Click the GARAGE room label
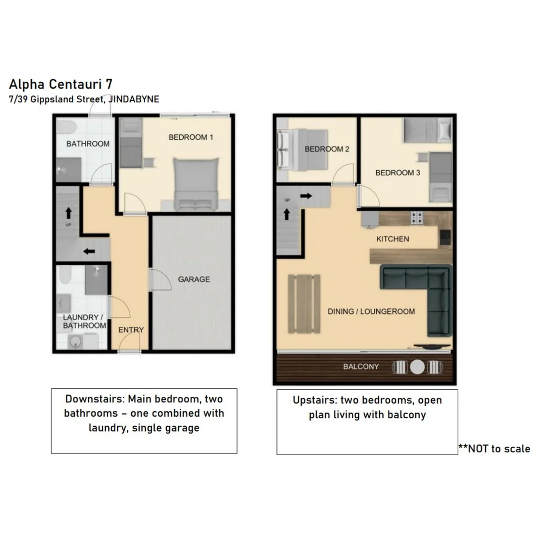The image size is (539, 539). (194, 279)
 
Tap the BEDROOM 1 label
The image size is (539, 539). (191, 137)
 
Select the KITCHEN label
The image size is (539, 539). (392, 239)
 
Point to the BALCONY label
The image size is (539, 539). (361, 367)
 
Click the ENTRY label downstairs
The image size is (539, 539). (131, 330)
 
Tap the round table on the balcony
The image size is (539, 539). (417, 367)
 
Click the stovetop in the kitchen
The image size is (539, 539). (416, 218)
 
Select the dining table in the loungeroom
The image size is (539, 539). (304, 303)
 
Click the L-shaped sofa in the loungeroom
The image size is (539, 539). (424, 289)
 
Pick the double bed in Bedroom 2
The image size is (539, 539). (303, 149)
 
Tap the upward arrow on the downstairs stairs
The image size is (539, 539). (68, 213)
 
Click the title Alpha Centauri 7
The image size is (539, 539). (60, 83)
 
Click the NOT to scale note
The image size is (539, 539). (494, 449)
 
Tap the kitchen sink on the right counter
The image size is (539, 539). (445, 238)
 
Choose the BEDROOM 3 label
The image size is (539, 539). (394, 173)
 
